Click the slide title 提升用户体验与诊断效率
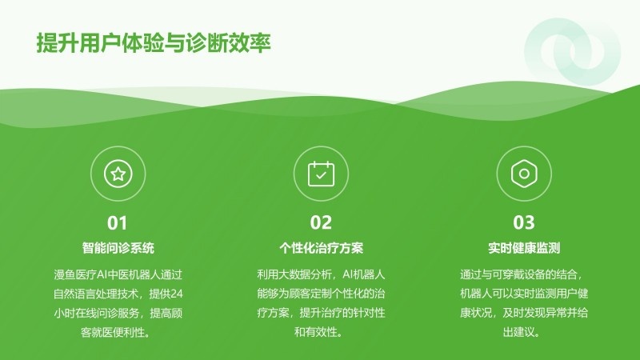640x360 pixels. point(154,43)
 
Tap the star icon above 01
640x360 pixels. point(118,174)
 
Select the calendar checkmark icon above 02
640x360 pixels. point(321,174)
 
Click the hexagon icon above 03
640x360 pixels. point(524,174)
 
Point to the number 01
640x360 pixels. point(117,223)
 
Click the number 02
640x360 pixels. point(321,223)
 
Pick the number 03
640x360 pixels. point(524,223)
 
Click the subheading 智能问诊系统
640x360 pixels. point(118,248)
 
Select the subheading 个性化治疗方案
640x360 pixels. point(321,248)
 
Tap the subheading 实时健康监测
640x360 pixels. point(524,248)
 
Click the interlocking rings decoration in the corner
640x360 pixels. point(572,51)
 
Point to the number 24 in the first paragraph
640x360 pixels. point(176,294)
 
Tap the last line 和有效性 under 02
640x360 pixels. point(318,332)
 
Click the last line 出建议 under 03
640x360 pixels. point(522,332)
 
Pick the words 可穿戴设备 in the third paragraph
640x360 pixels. point(518,274)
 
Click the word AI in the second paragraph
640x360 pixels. point(347,274)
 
